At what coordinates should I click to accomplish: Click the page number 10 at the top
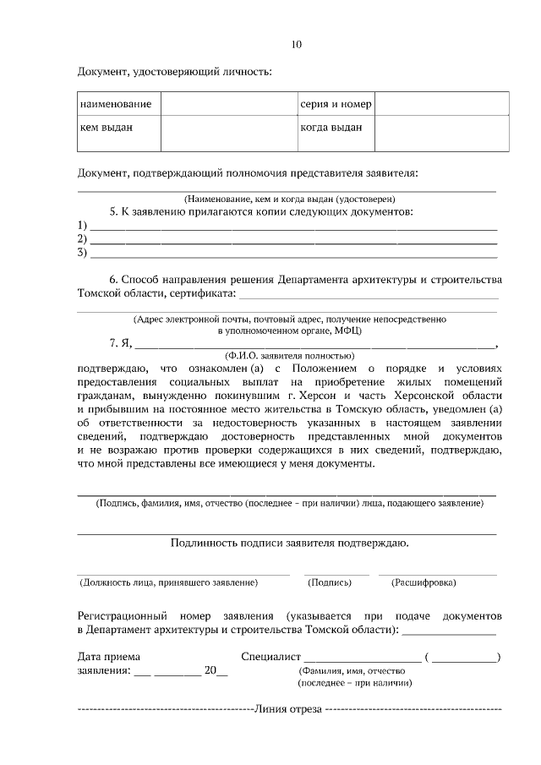pos(295,44)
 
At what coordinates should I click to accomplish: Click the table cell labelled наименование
pos(116,104)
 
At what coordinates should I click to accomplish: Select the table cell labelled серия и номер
pos(335,104)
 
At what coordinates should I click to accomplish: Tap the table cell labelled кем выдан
pos(107,128)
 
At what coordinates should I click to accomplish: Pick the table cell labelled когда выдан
pos(331,128)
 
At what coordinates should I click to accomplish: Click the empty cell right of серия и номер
pos(441,104)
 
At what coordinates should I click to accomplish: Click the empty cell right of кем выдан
pos(227,133)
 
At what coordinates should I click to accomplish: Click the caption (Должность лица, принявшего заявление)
pos(168,582)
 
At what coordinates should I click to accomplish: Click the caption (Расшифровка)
pos(424,582)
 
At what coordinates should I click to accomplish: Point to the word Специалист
pos(270,656)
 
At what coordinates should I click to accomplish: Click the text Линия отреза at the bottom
pos(288,708)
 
